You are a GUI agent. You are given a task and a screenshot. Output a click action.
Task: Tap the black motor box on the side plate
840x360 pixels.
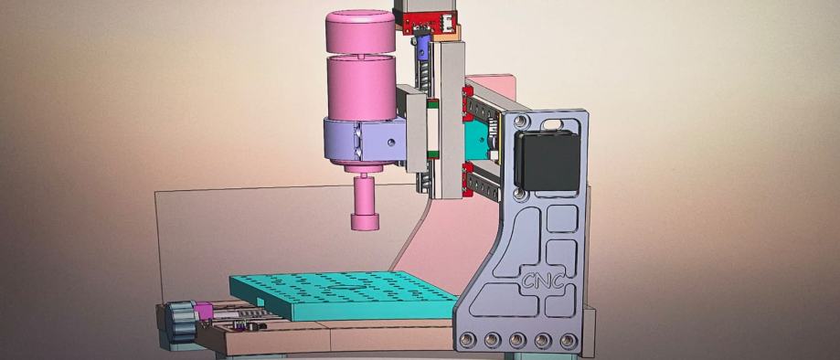(547, 160)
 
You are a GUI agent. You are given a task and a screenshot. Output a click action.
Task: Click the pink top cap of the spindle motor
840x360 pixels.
(360, 31)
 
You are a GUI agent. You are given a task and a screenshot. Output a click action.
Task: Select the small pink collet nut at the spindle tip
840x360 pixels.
(365, 222)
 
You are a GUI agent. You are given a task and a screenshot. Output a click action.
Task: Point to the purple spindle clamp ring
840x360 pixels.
(365, 140)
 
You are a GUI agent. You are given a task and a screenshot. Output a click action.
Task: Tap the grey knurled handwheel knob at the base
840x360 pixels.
(180, 321)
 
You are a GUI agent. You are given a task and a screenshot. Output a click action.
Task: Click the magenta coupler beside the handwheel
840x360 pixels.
(203, 312)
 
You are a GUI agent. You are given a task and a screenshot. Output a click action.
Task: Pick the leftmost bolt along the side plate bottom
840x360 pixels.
(467, 339)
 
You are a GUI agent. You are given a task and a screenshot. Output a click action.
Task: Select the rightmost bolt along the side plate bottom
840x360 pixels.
(569, 340)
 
